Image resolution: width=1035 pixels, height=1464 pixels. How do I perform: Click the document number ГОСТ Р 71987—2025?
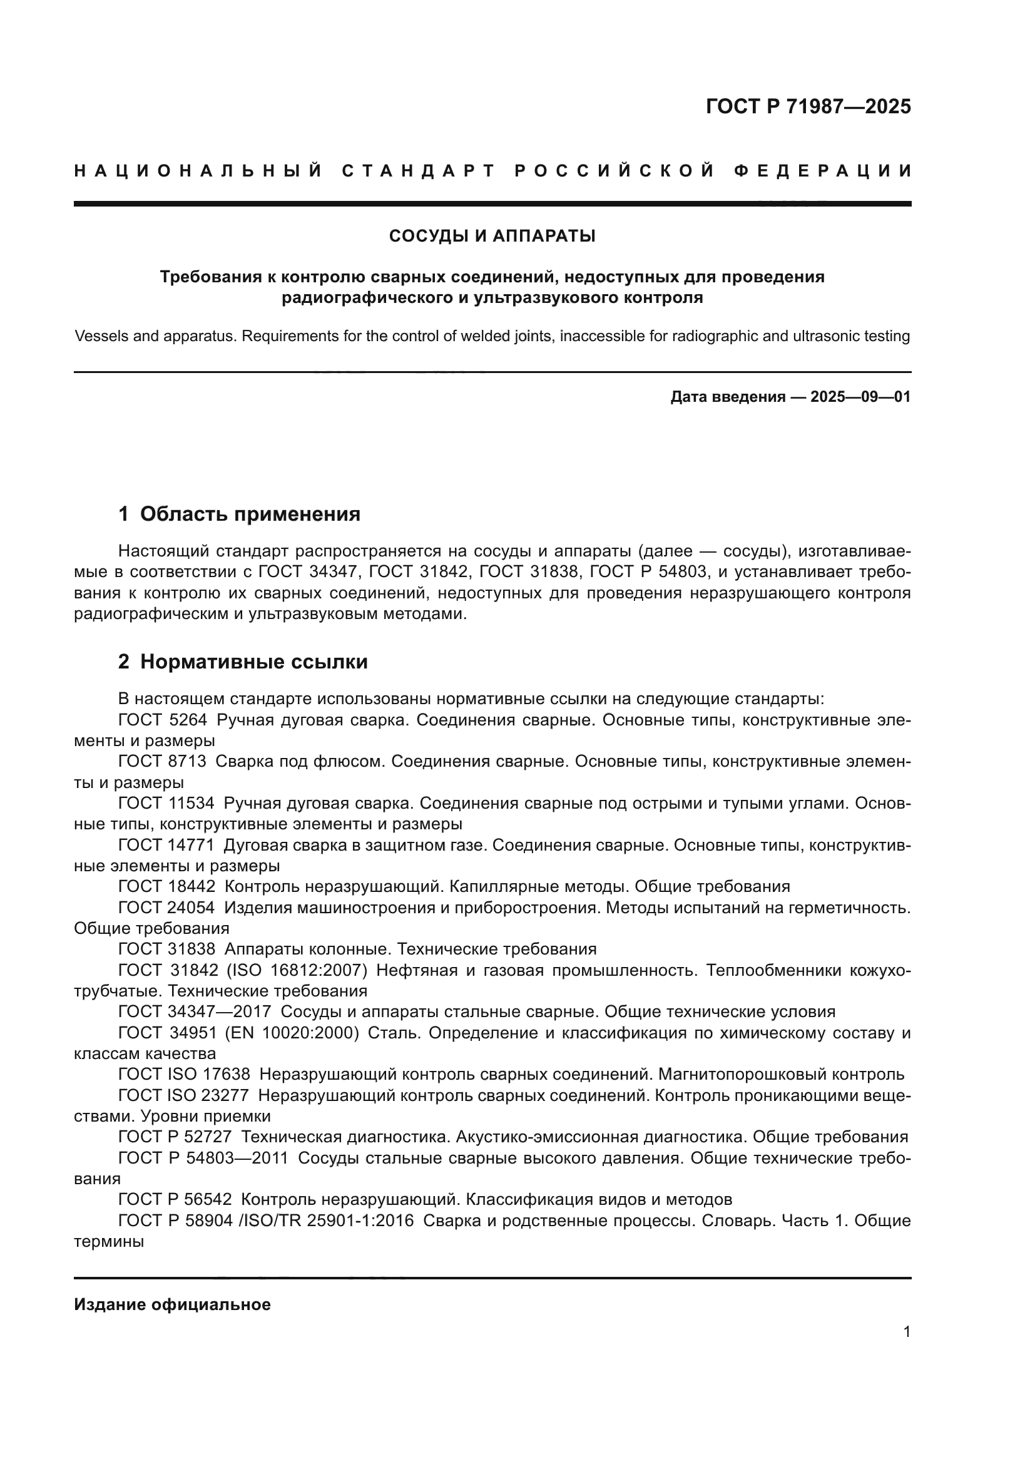pos(808,106)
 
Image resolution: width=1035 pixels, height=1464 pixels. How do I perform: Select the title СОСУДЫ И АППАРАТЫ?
pos(492,237)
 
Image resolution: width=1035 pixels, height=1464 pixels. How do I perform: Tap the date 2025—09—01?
pos(860,397)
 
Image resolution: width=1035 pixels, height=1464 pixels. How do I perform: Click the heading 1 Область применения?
pos(239,514)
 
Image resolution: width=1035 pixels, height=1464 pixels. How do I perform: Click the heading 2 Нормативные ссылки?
pos(243,662)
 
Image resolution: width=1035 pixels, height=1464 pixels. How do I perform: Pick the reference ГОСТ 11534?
pos(166,804)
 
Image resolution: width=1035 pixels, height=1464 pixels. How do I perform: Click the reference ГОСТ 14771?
pos(166,845)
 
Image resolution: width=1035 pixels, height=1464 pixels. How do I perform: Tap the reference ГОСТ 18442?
pos(166,886)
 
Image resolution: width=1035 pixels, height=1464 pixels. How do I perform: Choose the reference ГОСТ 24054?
pos(166,908)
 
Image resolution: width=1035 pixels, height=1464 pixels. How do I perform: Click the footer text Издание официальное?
pos(172,1304)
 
